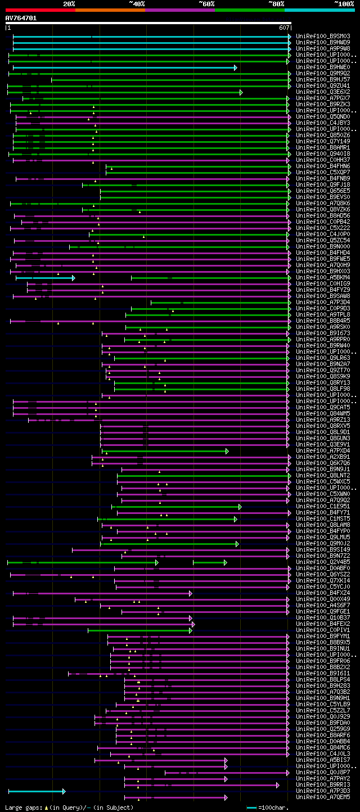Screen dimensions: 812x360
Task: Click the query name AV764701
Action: (21, 18)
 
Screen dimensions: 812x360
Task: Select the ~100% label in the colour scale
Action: (344, 3)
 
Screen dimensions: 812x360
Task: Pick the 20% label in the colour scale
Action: (69, 3)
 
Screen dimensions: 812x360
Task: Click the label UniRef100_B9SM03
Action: (323, 36)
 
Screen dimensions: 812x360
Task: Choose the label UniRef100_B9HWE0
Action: (323, 67)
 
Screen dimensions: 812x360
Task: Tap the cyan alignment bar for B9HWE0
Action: (124, 67)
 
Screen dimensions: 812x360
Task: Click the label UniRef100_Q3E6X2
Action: (323, 92)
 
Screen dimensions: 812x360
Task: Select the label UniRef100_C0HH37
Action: (323, 160)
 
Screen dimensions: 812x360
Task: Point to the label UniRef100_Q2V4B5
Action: (323, 562)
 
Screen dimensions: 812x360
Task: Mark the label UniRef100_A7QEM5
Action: (323, 797)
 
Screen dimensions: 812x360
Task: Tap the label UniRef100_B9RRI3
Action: (323, 784)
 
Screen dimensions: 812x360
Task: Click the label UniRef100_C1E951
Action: (323, 506)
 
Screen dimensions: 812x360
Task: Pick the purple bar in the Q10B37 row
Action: (101, 618)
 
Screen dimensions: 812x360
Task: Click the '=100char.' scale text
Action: (272, 808)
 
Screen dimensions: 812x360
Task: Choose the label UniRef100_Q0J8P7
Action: (323, 772)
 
